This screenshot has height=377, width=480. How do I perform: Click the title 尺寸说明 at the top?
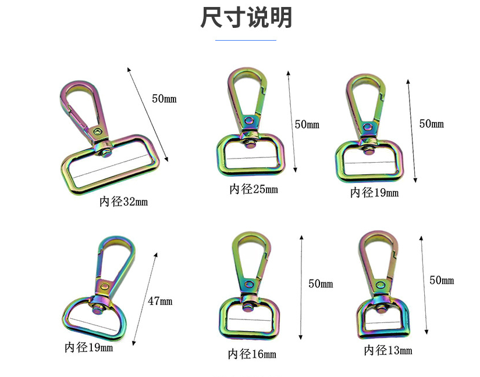click(x=246, y=18)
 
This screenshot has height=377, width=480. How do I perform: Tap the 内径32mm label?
click(x=123, y=202)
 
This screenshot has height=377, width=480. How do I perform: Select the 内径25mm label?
click(x=253, y=189)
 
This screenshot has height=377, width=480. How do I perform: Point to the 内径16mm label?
click(x=252, y=354)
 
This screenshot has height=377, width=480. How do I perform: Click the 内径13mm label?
click(x=388, y=350)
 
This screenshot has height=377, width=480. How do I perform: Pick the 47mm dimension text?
click(x=160, y=301)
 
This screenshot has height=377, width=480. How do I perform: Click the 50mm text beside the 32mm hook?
click(x=164, y=99)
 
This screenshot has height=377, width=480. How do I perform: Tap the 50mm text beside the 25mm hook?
click(x=307, y=124)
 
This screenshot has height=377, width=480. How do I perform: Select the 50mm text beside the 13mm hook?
click(x=442, y=281)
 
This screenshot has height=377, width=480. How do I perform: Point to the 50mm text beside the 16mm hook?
click(x=321, y=284)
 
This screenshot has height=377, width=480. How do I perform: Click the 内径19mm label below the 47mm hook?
click(x=88, y=348)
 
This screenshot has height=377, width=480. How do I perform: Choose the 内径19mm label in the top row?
click(x=374, y=193)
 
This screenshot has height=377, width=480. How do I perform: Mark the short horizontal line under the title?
click(x=246, y=40)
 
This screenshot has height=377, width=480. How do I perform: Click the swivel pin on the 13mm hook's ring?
click(x=384, y=304)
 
